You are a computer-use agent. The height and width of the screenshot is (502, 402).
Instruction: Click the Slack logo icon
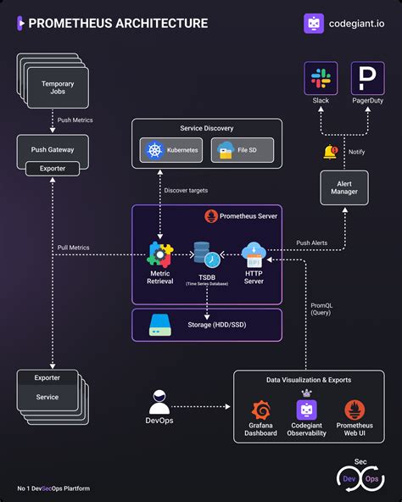click(x=321, y=79)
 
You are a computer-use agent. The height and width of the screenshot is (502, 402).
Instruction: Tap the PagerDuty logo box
click(x=367, y=79)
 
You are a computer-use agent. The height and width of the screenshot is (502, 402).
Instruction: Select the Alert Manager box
click(x=343, y=187)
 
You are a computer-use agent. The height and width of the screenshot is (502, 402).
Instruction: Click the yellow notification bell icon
click(x=330, y=153)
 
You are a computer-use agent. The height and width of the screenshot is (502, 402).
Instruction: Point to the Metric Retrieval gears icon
click(x=159, y=254)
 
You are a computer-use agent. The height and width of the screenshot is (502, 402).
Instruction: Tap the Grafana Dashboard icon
click(x=261, y=410)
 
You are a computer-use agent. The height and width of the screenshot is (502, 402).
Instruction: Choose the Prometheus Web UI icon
click(x=355, y=410)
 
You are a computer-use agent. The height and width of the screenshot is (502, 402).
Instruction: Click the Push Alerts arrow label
click(x=312, y=243)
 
